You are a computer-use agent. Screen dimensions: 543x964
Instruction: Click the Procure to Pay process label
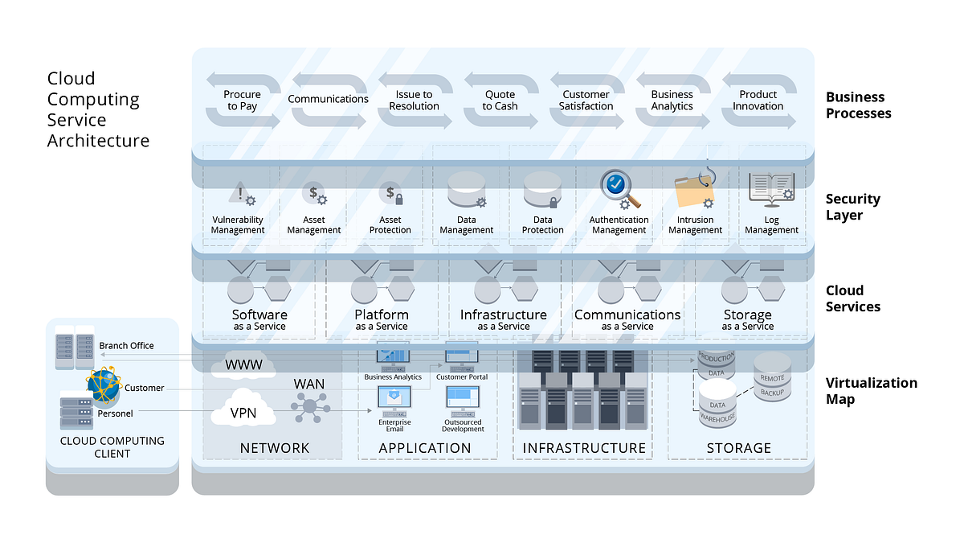point(242,101)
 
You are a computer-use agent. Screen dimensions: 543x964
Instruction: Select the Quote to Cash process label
point(500,101)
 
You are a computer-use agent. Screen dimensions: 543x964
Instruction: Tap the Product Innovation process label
point(758,101)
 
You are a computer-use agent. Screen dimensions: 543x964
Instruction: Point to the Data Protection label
point(542,224)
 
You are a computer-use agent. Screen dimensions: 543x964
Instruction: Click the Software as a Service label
point(259,319)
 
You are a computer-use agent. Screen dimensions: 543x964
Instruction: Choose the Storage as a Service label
point(747,319)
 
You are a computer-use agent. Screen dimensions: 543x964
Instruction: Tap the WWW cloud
point(243,365)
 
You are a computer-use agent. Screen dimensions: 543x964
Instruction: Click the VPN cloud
point(243,413)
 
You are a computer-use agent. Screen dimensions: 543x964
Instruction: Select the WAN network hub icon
point(309,407)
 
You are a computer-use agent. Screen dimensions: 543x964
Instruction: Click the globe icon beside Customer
point(104,386)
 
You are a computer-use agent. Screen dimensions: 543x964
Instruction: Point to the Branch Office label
point(126,346)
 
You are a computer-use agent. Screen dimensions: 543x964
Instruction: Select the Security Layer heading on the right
point(852,207)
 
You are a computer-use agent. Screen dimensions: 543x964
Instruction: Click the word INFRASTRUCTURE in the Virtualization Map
point(584,448)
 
